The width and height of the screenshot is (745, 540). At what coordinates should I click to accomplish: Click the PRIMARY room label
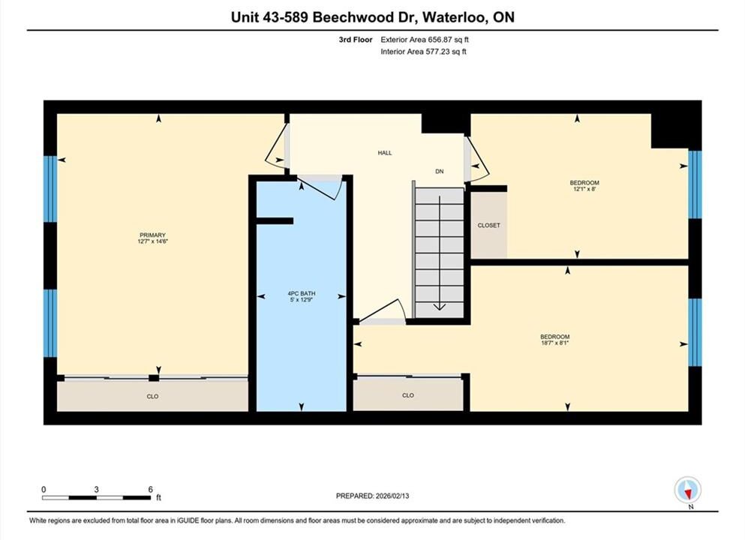[152, 235]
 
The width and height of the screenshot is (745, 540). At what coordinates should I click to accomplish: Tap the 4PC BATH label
[302, 293]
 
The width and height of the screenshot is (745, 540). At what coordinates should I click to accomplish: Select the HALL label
[385, 153]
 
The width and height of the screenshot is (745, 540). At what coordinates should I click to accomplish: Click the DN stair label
[440, 172]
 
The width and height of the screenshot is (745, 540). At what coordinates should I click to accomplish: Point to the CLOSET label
[489, 225]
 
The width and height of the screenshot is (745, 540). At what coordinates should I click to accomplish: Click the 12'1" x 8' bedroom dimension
[584, 188]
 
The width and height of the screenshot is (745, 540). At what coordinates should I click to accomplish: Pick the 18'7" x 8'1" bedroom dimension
[554, 343]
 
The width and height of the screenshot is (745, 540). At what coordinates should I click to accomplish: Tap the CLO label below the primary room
[152, 396]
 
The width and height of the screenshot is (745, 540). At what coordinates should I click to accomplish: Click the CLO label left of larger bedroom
[408, 395]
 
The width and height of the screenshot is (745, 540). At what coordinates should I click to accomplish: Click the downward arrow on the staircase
[440, 253]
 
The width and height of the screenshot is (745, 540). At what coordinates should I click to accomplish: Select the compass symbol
[687, 490]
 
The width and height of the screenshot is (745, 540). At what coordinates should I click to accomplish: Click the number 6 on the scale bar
[151, 489]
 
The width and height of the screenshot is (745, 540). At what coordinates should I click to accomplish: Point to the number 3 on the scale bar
[97, 489]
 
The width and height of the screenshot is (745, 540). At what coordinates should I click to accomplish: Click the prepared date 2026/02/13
[392, 496]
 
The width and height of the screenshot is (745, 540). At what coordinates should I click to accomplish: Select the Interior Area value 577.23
[437, 52]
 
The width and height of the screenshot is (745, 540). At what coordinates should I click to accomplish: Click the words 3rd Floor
[356, 40]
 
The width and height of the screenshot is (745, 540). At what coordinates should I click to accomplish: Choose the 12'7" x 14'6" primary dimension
[152, 241]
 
